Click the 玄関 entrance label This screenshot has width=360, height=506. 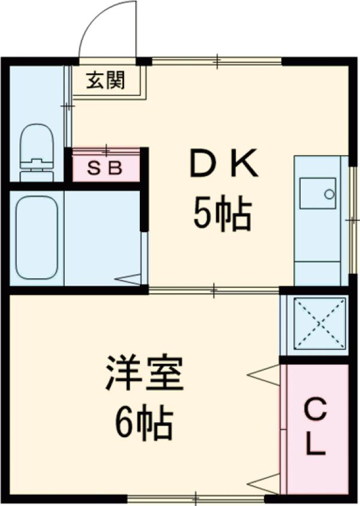[x=105, y=80]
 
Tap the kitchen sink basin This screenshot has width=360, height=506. [x=317, y=193]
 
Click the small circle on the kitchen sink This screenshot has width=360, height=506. [x=329, y=194]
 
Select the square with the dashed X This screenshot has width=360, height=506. [x=316, y=323]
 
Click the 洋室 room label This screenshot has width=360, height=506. [x=145, y=373]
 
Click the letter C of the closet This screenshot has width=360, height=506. [x=316, y=412]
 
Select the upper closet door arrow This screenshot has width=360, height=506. [x=264, y=375]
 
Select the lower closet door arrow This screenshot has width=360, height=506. [x=264, y=481]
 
